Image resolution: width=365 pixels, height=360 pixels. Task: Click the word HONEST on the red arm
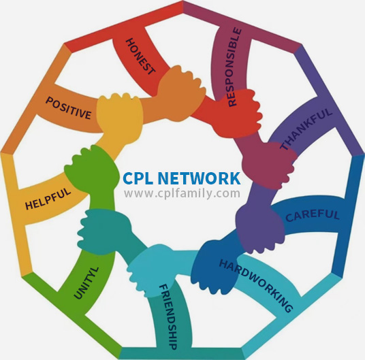140,56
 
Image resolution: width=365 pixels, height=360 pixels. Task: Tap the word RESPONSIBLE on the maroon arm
234,67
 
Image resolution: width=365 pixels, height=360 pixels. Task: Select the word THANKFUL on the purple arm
306,129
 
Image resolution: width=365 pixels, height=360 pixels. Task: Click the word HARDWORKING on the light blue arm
256,286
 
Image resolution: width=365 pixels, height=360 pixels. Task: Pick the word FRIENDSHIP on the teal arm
168,316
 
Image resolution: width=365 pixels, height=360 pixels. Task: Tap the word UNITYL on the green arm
86,283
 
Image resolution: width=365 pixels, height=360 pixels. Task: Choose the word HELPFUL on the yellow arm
48,198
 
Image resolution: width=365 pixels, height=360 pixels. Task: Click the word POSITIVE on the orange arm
68,108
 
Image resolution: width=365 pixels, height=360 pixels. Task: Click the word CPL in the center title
138,178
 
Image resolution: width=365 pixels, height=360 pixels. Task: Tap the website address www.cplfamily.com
182,193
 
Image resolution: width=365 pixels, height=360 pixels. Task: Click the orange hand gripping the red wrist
182,93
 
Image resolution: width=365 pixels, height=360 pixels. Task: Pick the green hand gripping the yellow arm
92,169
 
